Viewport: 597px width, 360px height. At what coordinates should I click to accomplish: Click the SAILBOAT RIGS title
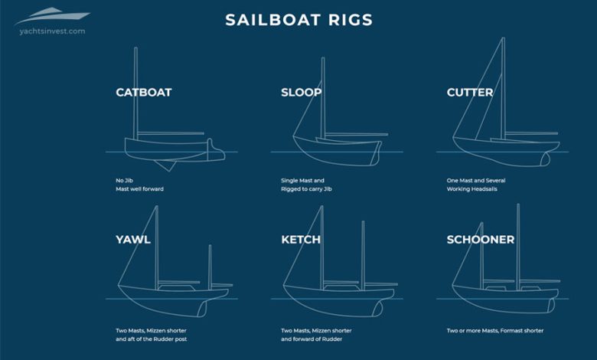point(298,20)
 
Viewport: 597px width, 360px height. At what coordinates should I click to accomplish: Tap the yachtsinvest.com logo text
point(49,31)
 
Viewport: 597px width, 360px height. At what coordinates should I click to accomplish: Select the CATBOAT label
point(144,93)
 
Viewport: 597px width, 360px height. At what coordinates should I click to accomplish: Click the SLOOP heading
point(301,93)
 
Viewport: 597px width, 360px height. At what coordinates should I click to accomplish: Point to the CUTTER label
point(469,93)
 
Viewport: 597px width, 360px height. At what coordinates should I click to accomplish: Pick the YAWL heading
point(133,240)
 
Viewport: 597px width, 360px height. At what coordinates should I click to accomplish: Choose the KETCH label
point(301,240)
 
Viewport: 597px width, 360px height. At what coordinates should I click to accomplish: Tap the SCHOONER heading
point(481,240)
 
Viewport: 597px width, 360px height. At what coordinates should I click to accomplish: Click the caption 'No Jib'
point(126,181)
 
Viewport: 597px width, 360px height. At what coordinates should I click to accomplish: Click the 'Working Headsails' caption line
point(472,188)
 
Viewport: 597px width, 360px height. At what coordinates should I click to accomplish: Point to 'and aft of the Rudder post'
point(152,339)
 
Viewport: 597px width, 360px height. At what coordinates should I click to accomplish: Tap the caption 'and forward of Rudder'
point(313,339)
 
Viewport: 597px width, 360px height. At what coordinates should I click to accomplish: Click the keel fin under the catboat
point(163,164)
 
